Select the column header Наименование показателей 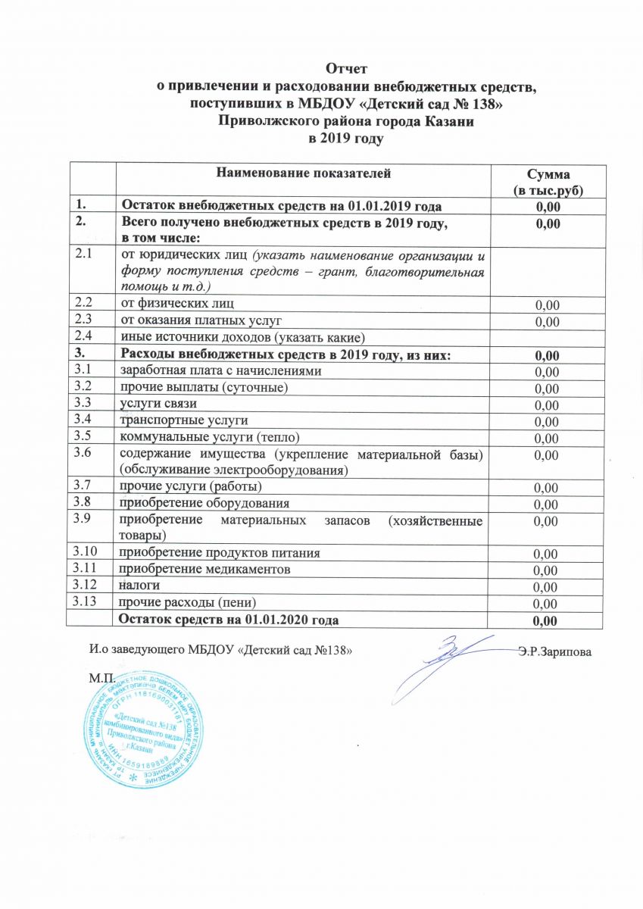click(304, 174)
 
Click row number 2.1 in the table click(83, 255)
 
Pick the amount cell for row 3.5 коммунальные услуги click(547, 439)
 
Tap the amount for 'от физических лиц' click(547, 305)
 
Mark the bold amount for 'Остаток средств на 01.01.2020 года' click(547, 621)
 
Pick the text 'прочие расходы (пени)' click(185, 602)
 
